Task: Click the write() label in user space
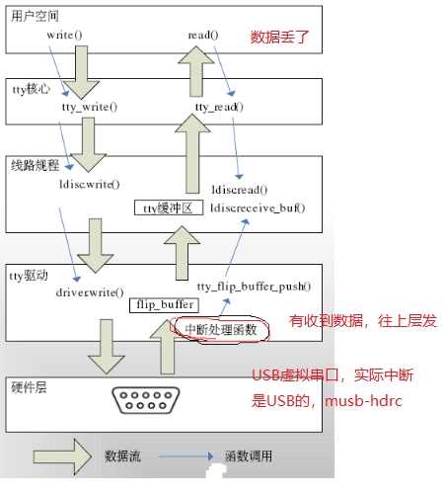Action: point(64,35)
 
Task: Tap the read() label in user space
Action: point(202,35)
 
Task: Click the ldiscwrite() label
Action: point(92,184)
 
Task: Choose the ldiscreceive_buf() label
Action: point(259,207)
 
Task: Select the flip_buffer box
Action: point(164,304)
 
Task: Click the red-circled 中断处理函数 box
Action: point(220,330)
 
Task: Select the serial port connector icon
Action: point(152,401)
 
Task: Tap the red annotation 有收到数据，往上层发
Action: point(361,322)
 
